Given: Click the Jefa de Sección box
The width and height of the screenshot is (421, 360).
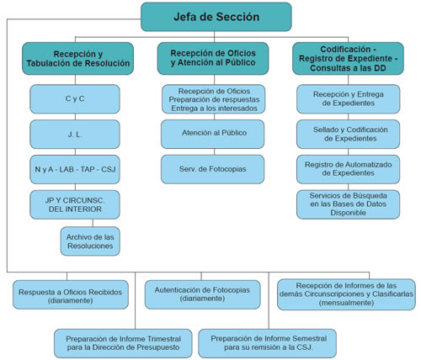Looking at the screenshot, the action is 216,17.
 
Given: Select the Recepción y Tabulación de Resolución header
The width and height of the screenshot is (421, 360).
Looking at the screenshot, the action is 77,58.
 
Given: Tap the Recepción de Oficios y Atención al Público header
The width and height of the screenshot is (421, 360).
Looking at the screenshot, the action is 213,58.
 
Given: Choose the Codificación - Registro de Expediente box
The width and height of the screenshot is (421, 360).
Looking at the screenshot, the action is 348,58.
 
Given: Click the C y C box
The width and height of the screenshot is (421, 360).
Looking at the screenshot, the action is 75,99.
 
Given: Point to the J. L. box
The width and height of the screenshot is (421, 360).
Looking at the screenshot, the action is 75,135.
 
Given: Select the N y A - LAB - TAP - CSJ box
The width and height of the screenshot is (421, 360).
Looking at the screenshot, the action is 75,169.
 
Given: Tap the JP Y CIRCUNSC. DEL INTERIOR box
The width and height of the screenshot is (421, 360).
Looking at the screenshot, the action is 75,204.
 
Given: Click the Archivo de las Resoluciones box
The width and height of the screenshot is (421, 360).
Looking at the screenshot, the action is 90,241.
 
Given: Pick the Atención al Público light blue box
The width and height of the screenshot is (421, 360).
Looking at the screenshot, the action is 213,134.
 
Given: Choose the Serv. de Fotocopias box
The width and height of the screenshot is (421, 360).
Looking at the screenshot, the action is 213,169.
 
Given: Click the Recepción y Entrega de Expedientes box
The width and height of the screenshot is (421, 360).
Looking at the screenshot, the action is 349,99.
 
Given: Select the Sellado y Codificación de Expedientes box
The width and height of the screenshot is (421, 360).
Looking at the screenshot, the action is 349,135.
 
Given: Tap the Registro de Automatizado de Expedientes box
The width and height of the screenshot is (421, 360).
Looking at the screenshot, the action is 349,169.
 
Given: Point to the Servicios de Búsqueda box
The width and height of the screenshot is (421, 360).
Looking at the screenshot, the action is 349,204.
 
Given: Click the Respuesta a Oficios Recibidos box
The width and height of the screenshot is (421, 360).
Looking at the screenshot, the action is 71,294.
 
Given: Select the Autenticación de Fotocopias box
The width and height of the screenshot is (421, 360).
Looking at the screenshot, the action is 203,294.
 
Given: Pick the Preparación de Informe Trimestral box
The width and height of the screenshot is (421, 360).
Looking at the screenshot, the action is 123,343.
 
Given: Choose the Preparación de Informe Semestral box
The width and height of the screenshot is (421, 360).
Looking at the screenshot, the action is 267,343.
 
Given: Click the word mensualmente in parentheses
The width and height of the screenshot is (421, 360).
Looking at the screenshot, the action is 346,303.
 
